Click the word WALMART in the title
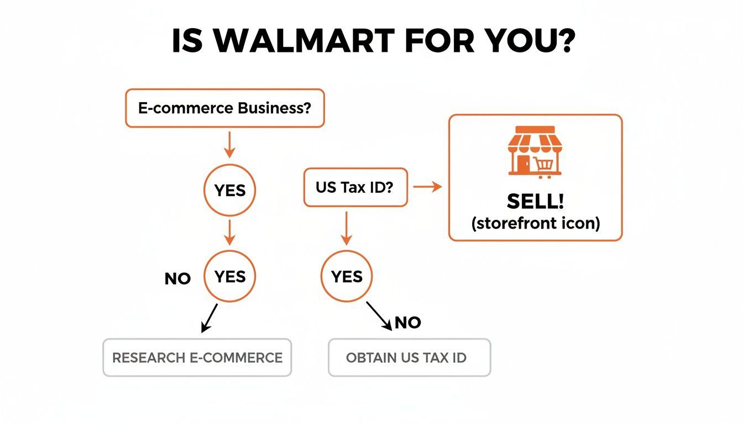tap(304, 41)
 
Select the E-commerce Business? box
tap(225, 108)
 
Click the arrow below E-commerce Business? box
tap(229, 145)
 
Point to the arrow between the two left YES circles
tap(229, 232)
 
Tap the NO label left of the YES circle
tap(177, 279)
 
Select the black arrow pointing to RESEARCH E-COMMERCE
tap(210, 318)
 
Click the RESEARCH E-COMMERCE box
tap(197, 357)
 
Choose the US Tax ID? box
tap(355, 188)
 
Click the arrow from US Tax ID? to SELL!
tap(427, 187)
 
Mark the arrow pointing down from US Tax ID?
tap(346, 228)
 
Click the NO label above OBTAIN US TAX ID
tap(408, 322)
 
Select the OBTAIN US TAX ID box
tap(409, 357)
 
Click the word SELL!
tap(535, 201)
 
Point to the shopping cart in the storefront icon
tap(544, 167)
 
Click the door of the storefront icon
tap(524, 163)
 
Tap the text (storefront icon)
tap(536, 223)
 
